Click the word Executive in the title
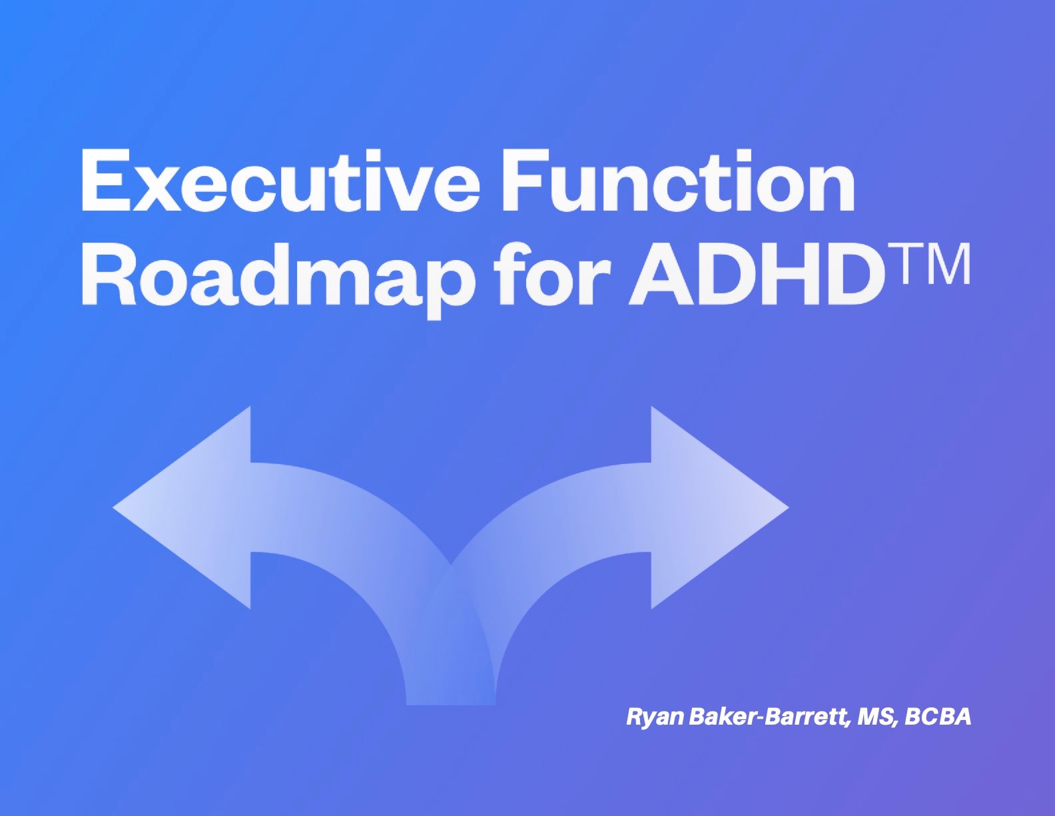[x=280, y=180]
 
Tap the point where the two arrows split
[x=451, y=567]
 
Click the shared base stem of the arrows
[x=451, y=680]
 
